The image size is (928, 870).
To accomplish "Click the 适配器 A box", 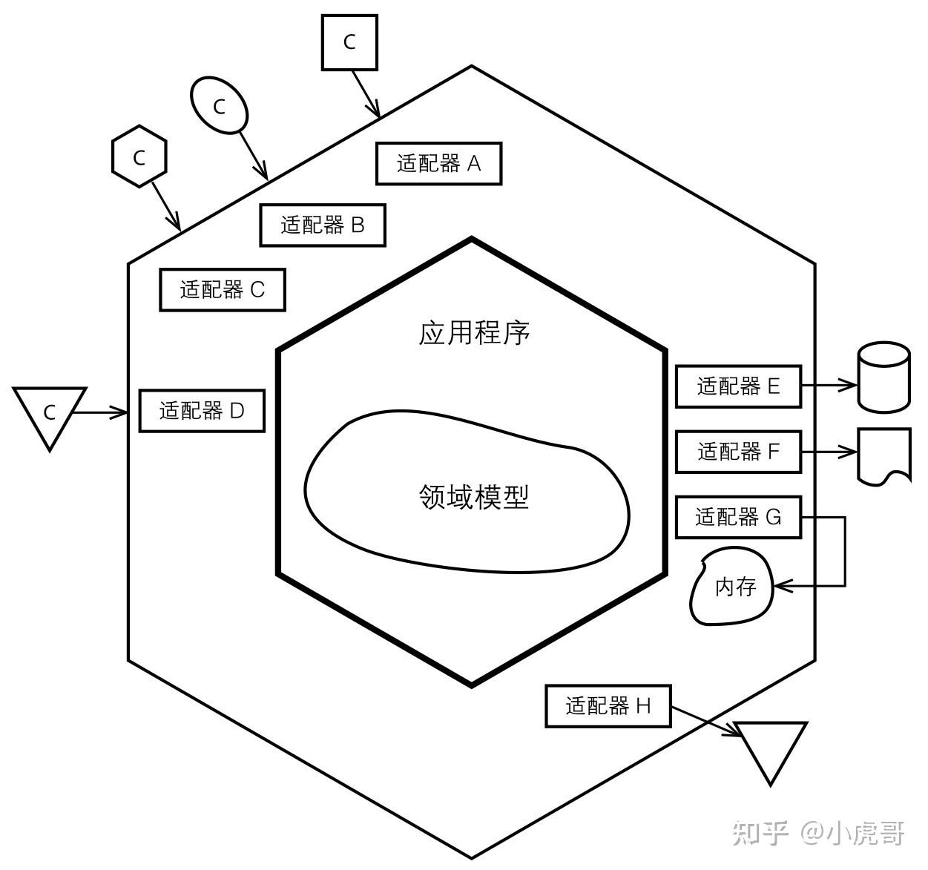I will (438, 163).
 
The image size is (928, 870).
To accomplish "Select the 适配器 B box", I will (323, 225).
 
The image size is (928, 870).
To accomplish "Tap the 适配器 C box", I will (223, 289).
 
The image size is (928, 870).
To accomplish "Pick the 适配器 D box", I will (202, 410).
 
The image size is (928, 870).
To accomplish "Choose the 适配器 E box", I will (738, 386).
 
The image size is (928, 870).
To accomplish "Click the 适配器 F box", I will (738, 451).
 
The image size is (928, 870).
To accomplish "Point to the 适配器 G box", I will (738, 516).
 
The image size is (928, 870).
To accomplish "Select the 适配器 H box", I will (608, 705).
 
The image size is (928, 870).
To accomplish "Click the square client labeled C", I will (349, 42).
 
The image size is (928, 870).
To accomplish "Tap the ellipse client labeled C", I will (219, 106).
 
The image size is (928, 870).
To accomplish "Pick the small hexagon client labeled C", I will (139, 156).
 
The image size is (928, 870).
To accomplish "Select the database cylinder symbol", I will (883, 377).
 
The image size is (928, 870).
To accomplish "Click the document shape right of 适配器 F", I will (883, 454).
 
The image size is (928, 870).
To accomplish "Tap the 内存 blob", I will (733, 587).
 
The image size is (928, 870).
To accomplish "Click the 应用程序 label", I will (474, 333).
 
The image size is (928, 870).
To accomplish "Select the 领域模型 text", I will (474, 496).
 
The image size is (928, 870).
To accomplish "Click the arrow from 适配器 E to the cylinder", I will (829, 385).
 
